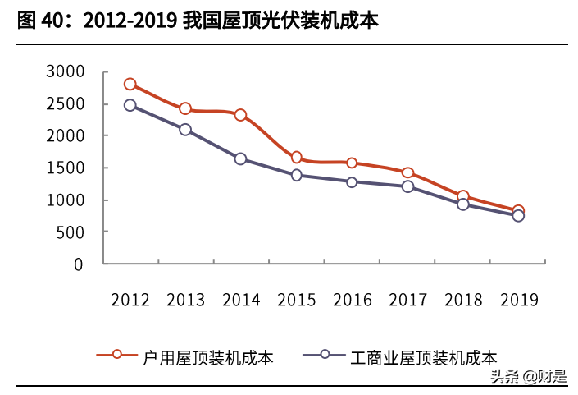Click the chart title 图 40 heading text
pyautogui.click(x=198, y=21)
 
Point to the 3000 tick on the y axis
pyautogui.click(x=66, y=72)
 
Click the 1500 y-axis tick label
pyautogui.click(x=66, y=168)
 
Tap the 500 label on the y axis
pyautogui.click(x=71, y=232)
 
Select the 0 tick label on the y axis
pyautogui.click(x=79, y=264)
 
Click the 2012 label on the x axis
pyautogui.click(x=130, y=300)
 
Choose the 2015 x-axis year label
pyautogui.click(x=297, y=300)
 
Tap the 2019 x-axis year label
pyautogui.click(x=518, y=300)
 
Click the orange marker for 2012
pyautogui.click(x=130, y=85)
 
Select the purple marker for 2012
pyautogui.click(x=130, y=105)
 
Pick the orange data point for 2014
pyautogui.click(x=241, y=115)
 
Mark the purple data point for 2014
pyautogui.click(x=241, y=158)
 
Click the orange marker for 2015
pyautogui.click(x=297, y=158)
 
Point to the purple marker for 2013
pyautogui.click(x=186, y=130)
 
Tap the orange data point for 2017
pyautogui.click(x=407, y=173)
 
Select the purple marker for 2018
pyautogui.click(x=463, y=204)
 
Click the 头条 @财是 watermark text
pyautogui.click(x=528, y=377)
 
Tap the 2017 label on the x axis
pyautogui.click(x=407, y=300)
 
